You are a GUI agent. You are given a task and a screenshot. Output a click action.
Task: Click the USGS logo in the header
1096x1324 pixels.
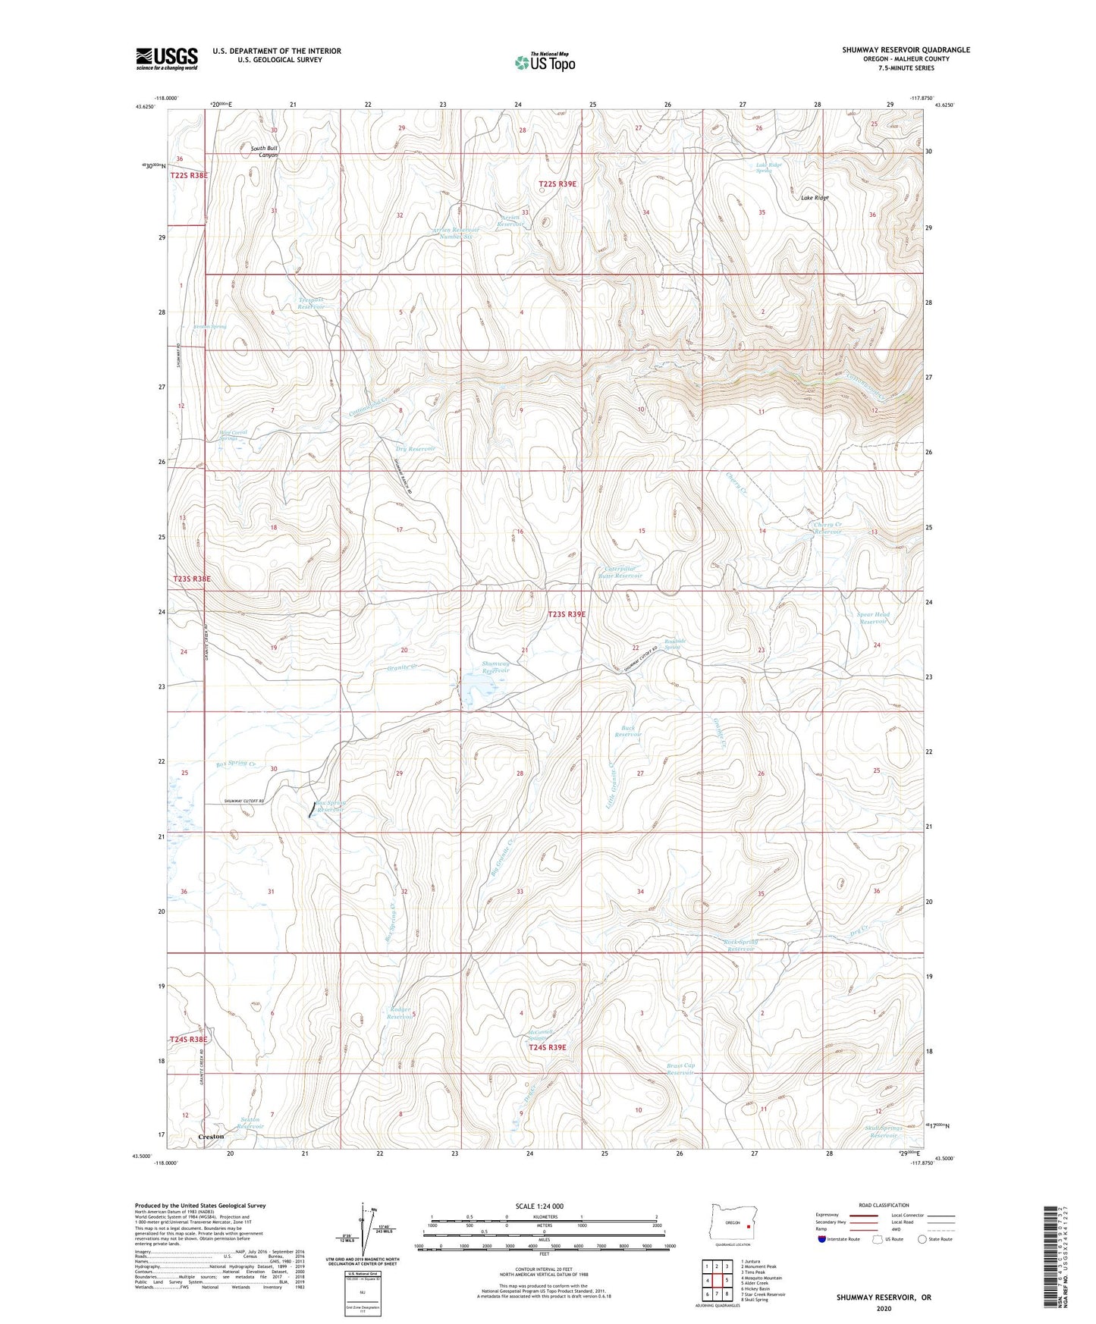tap(166, 58)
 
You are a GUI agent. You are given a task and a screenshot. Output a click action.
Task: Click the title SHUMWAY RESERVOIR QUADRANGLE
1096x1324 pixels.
tap(905, 50)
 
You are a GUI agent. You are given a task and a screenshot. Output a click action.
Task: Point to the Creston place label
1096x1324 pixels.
tap(211, 1137)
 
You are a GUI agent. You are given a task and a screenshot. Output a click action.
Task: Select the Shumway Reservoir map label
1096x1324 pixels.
tap(496, 667)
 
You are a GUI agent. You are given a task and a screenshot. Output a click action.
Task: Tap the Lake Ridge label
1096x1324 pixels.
tap(815, 198)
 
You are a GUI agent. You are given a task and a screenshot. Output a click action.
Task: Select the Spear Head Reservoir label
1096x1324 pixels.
tap(872, 618)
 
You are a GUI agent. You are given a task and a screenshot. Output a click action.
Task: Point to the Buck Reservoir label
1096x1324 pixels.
tap(628, 731)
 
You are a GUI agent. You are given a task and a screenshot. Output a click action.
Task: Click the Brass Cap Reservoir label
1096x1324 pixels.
tap(680, 1068)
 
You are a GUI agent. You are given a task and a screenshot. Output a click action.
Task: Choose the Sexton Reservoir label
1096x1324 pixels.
tap(251, 1122)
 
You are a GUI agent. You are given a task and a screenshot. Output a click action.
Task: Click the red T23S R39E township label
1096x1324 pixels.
tap(567, 615)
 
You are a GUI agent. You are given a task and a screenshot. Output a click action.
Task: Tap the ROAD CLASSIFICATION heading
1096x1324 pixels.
tap(884, 1205)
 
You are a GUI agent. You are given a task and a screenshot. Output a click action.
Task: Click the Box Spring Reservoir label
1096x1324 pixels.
tap(331, 806)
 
